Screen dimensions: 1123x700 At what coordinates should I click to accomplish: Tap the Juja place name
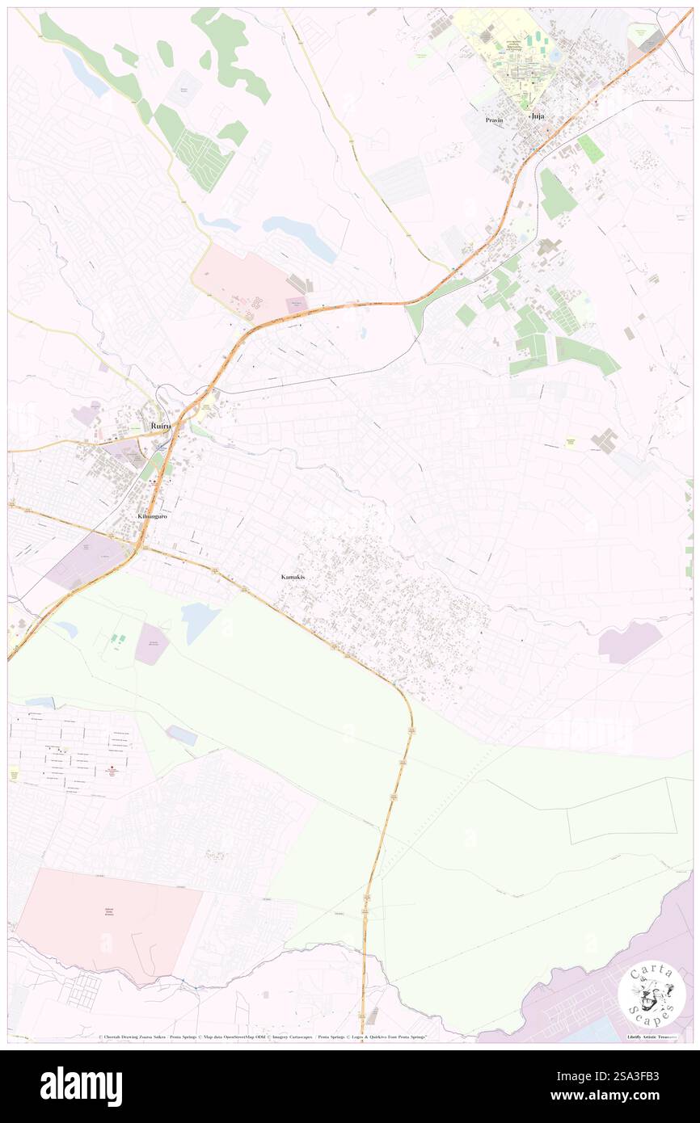point(537,116)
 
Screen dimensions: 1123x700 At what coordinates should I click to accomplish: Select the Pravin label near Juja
point(494,120)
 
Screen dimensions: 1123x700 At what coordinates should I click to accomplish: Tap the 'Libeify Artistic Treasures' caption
point(655,1037)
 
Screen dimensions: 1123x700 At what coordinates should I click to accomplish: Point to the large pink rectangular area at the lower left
point(109,925)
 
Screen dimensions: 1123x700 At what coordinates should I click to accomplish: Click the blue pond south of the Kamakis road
point(200,621)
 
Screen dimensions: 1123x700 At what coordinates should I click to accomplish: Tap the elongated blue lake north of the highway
point(299,237)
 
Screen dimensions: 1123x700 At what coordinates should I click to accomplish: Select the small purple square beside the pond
point(151,644)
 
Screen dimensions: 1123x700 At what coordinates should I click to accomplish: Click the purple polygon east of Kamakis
point(628,644)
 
